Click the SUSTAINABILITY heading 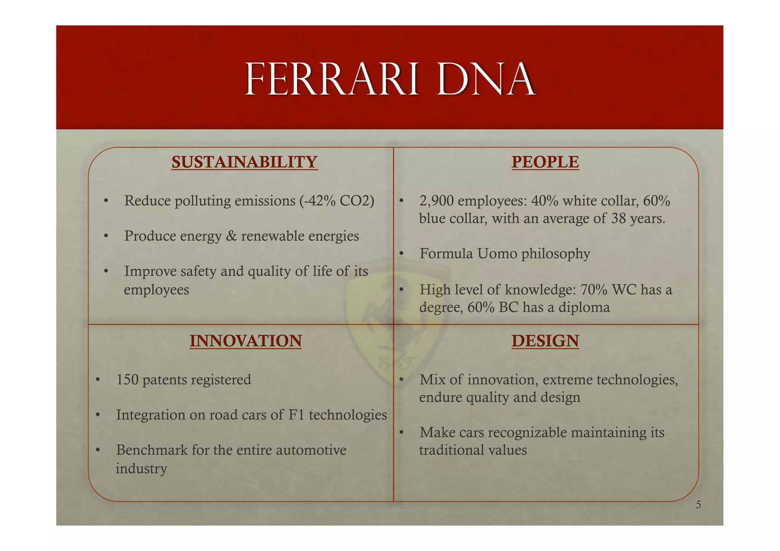244,162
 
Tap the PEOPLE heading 545,162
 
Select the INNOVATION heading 246,341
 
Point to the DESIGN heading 545,341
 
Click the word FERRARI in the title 331,80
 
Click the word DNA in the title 486,80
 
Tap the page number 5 698,505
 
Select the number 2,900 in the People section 436,201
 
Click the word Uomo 497,254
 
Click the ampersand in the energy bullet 231,236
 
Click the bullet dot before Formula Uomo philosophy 401,254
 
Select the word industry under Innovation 141,468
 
